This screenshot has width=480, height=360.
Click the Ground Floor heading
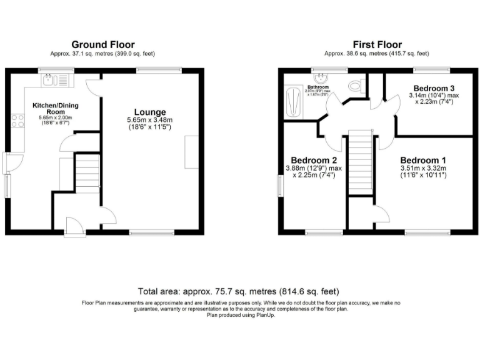point(104,44)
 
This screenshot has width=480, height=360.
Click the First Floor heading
point(377,44)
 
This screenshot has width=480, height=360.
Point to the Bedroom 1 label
point(423,159)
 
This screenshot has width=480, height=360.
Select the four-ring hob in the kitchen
point(17,119)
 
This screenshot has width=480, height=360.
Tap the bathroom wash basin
point(321,78)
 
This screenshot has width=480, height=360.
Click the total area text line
point(240,291)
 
